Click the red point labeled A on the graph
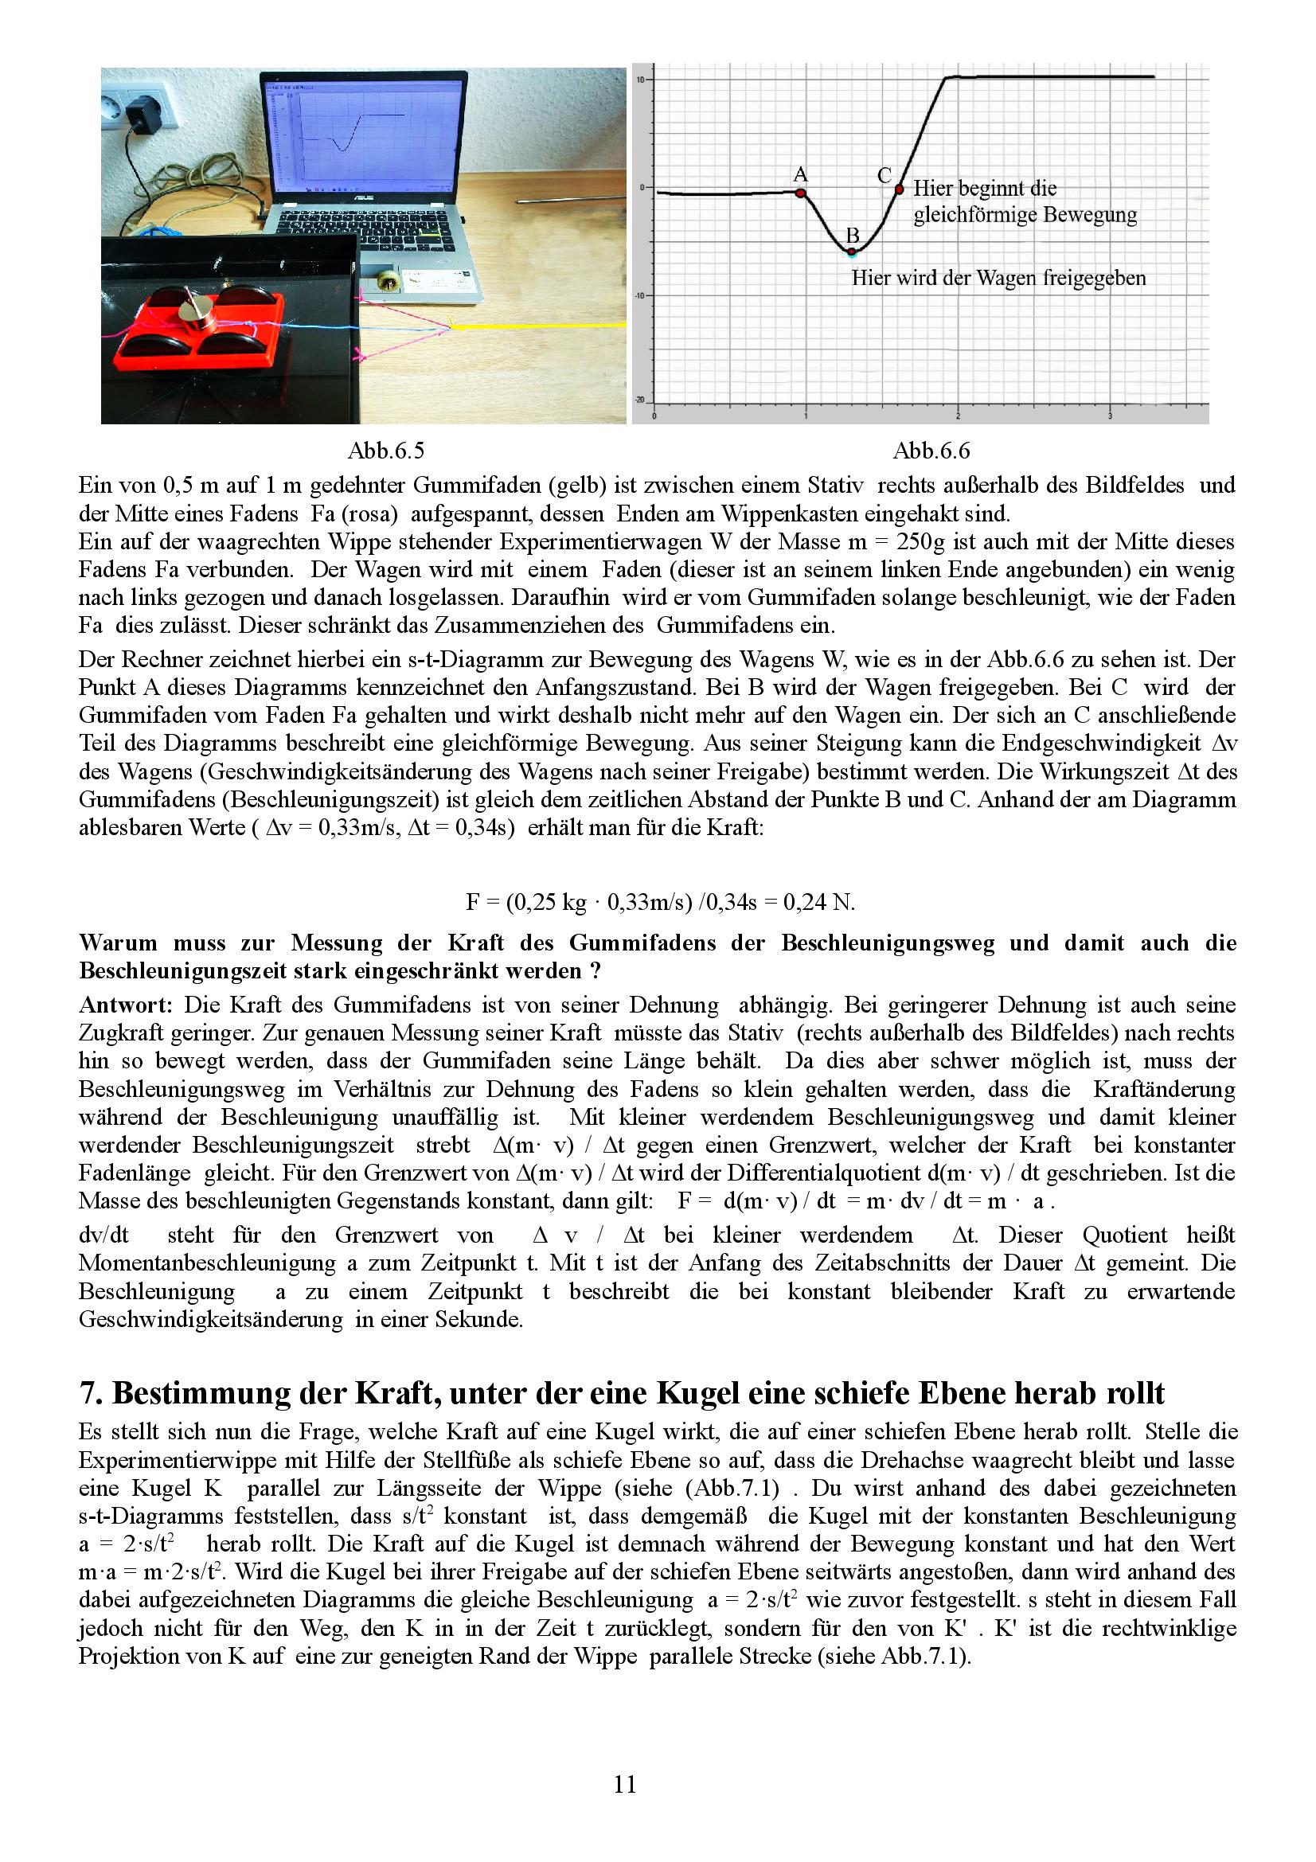click(800, 193)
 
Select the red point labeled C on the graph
click(899, 189)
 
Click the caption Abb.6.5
click(385, 451)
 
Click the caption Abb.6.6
click(931, 451)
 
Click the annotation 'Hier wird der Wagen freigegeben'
click(998, 278)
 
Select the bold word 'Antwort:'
click(126, 1005)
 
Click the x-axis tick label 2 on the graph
click(958, 416)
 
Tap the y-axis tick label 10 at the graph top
click(641, 80)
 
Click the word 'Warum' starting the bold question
click(116, 943)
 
